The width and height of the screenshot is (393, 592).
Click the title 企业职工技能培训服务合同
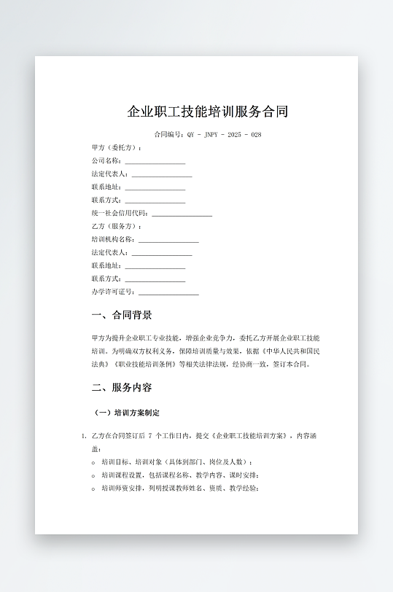pos(208,112)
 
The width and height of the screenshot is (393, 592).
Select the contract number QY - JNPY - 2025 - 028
pos(225,135)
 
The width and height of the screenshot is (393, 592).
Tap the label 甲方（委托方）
pos(117,148)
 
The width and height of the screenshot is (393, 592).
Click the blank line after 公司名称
pos(155,161)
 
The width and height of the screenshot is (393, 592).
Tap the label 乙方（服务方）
pos(117,227)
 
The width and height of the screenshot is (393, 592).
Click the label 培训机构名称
pos(113,239)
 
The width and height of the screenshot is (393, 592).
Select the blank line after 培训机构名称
pos(168,240)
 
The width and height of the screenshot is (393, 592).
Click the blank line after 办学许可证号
pos(168,292)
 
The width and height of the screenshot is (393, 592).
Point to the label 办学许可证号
pos(113,292)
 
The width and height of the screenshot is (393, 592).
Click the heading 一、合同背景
pos(122,316)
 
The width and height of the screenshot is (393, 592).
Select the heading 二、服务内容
pos(122,387)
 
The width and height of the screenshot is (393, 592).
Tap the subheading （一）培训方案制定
pos(128,413)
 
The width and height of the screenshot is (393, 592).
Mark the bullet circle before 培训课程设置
pos(93,475)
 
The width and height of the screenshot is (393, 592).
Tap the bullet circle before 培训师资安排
pos(93,488)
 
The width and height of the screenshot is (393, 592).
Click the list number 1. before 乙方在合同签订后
pos(84,436)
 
